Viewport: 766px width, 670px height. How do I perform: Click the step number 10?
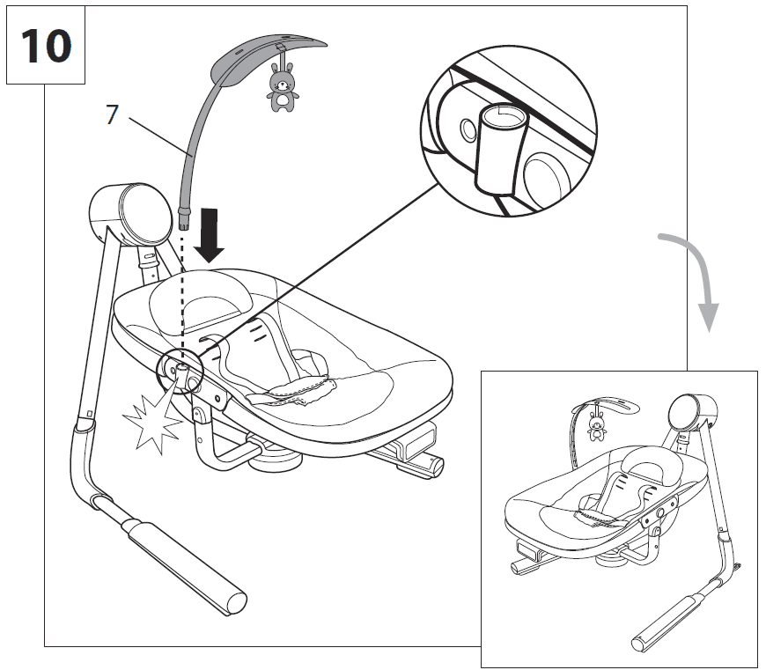(45, 45)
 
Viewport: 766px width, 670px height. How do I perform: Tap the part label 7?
(111, 115)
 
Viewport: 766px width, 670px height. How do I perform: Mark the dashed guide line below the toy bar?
(181, 291)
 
